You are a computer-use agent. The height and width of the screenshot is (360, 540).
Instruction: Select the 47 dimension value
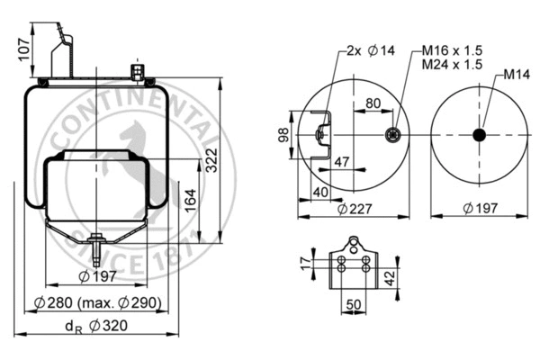tap(342, 161)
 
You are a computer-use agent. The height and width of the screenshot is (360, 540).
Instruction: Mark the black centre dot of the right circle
tap(479, 135)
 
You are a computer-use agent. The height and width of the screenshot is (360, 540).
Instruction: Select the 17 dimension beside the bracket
tap(304, 263)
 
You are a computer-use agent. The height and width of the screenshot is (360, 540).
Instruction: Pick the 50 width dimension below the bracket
tap(355, 305)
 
